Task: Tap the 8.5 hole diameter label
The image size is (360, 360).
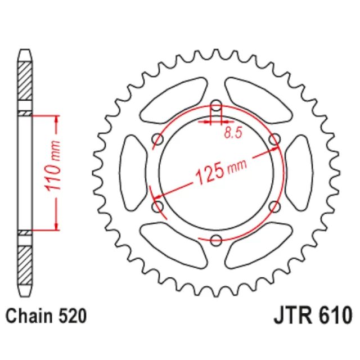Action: pos(233,133)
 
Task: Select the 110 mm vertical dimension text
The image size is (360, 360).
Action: pos(52,166)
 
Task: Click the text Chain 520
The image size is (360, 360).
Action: pos(46,316)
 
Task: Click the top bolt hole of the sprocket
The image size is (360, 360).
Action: pos(216,106)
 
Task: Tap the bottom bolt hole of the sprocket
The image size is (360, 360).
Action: pos(216,240)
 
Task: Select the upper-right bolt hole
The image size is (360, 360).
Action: pos(274,139)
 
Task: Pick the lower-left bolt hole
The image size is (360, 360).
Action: pos(157,206)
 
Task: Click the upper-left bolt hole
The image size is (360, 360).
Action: pos(157,139)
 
